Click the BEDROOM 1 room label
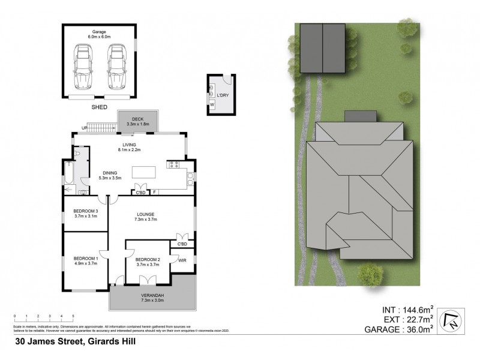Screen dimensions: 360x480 (x=86, y=260)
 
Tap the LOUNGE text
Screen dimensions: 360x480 (x=146, y=215)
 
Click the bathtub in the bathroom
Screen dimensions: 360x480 (x=68, y=176)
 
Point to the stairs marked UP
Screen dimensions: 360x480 (x=104, y=127)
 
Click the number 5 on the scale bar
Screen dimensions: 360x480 (x=73, y=316)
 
